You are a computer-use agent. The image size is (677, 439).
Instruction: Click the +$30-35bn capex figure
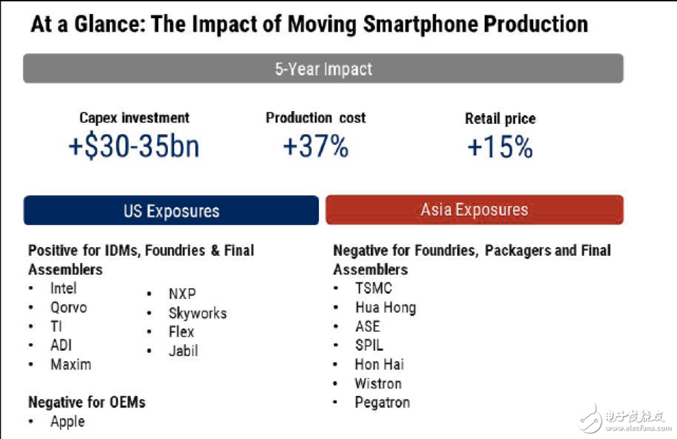(x=134, y=146)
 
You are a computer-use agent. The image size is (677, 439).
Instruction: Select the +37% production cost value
(x=316, y=146)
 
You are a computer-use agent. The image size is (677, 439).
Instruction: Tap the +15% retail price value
(x=500, y=147)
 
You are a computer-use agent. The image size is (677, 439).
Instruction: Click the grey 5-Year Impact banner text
(x=323, y=69)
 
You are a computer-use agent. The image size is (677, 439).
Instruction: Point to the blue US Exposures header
(x=171, y=211)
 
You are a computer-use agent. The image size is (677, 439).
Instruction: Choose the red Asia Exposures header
(x=474, y=210)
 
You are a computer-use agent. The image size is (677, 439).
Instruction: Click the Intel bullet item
(x=63, y=288)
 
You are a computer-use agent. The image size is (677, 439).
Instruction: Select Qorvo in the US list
(x=68, y=308)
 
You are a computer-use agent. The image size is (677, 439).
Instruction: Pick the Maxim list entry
(x=70, y=364)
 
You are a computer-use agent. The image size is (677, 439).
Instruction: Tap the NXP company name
(x=182, y=294)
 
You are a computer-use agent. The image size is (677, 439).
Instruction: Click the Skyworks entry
(x=198, y=313)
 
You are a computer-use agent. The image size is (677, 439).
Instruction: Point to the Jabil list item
(x=183, y=351)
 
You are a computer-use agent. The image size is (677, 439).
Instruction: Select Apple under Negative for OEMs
(x=67, y=421)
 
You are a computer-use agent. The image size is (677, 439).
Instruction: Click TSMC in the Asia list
(x=374, y=288)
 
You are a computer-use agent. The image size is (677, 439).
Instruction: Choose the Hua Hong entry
(x=385, y=308)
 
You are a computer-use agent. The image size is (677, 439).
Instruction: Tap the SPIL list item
(x=369, y=345)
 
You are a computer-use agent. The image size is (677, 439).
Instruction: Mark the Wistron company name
(x=378, y=384)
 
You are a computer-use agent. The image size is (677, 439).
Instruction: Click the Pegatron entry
(x=382, y=403)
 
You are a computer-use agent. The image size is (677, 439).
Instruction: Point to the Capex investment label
(x=134, y=118)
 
